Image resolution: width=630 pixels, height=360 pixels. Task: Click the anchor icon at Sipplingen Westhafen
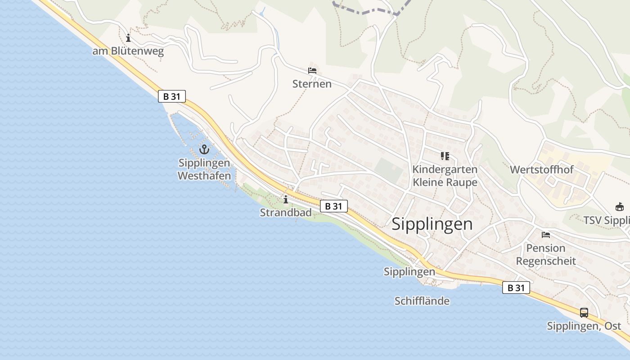click(205, 149)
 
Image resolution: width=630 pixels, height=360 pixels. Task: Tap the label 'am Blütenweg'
click(128, 51)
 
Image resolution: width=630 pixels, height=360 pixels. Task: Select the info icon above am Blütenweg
click(128, 38)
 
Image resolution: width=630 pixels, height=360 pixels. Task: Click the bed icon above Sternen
click(312, 71)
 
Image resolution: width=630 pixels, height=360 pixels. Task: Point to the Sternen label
click(312, 84)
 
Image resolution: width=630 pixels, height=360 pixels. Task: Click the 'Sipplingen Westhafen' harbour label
click(204, 169)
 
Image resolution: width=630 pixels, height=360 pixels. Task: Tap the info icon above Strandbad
click(285, 199)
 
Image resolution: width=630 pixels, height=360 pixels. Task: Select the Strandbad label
click(286, 212)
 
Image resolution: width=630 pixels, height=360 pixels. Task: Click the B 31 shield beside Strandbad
click(334, 206)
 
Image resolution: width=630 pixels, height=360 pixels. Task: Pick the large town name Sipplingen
click(432, 224)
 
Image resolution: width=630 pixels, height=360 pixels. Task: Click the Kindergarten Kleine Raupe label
click(445, 176)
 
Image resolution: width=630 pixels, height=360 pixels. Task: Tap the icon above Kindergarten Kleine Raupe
click(445, 156)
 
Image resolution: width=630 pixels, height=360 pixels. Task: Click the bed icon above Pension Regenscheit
click(546, 235)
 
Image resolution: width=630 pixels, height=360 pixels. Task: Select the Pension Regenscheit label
click(546, 254)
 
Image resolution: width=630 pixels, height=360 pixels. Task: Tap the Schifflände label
click(422, 301)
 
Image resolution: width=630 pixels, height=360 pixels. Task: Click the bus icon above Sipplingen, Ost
click(584, 312)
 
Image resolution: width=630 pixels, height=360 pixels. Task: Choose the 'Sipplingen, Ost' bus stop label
click(584, 326)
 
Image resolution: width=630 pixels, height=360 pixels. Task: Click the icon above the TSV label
click(620, 207)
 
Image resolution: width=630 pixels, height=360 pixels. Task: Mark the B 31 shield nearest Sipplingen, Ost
click(516, 288)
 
